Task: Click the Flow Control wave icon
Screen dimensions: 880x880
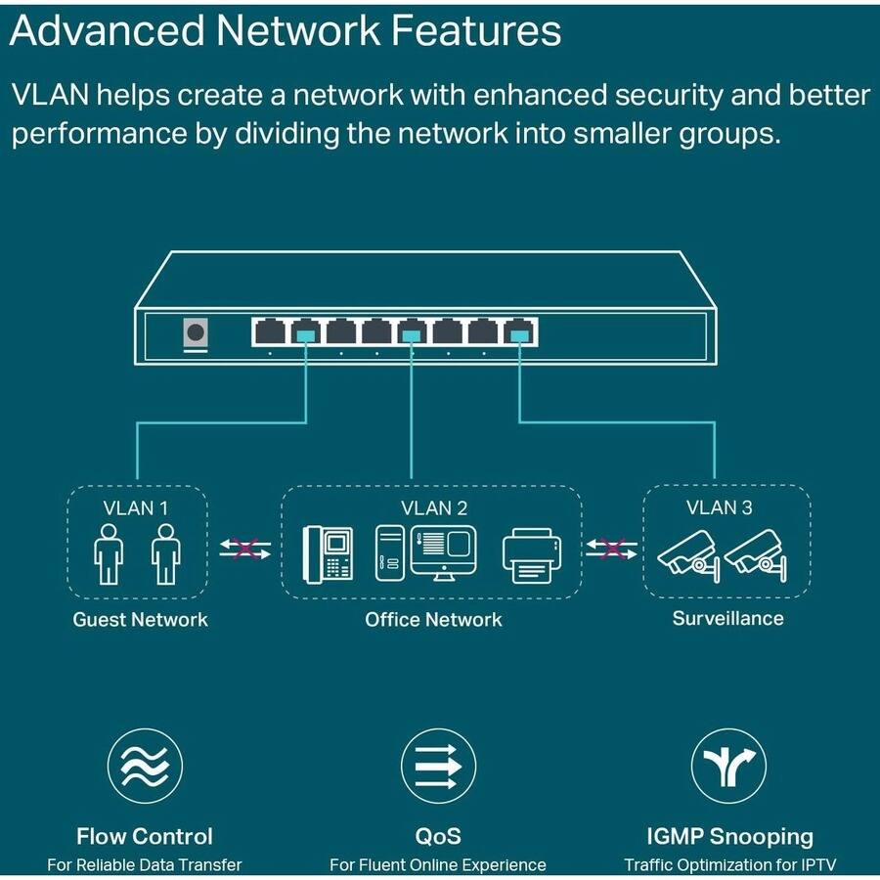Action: click(x=145, y=766)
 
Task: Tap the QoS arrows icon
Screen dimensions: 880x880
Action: click(x=438, y=766)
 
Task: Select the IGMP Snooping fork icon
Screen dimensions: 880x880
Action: click(x=728, y=766)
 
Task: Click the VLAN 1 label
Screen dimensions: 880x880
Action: click(x=137, y=507)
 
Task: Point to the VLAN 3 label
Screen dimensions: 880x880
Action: click(x=719, y=506)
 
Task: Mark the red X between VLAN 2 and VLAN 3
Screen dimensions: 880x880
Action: click(x=612, y=549)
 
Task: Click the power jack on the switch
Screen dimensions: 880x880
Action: click(x=196, y=332)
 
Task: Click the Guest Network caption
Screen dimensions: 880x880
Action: click(x=140, y=619)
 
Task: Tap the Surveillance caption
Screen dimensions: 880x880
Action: click(x=727, y=618)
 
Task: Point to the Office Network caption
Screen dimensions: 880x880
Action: click(x=433, y=619)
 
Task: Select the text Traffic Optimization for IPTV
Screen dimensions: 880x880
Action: click(x=729, y=864)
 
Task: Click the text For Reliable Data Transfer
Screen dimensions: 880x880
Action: click(x=145, y=864)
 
